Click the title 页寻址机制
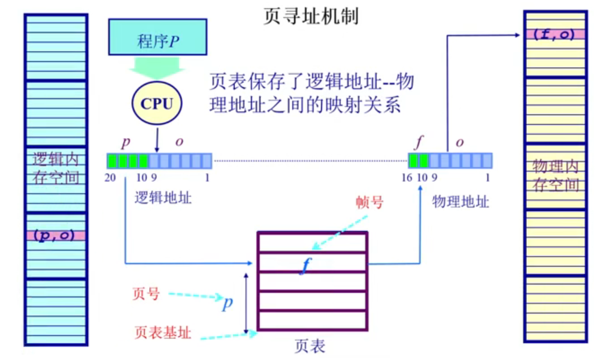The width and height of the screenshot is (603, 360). pos(311,16)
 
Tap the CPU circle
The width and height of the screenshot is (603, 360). pos(156,104)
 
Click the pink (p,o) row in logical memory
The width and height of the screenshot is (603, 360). pos(56,235)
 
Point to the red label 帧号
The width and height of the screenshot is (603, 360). pos(369,203)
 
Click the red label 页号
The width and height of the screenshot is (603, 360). pos(146,294)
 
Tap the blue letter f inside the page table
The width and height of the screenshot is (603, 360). pos(307,264)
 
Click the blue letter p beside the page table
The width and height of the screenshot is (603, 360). pos(227,304)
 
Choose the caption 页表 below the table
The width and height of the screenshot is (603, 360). pos(310,347)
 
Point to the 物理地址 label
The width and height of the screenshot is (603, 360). pos(460,201)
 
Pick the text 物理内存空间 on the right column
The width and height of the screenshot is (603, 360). pos(555,174)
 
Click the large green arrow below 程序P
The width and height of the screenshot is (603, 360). pos(157,67)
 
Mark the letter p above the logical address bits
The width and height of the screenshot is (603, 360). pos(126,143)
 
